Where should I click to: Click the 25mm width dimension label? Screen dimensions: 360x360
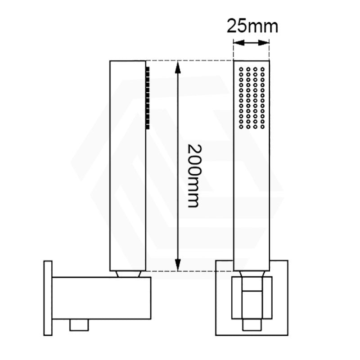[252, 26]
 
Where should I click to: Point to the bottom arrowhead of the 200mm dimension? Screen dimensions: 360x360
[178, 265]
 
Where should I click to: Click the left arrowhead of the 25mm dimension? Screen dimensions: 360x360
[237, 43]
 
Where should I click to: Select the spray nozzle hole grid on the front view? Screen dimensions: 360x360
[252, 97]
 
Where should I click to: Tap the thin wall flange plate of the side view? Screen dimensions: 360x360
[48, 297]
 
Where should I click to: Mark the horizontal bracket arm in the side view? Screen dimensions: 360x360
[101, 297]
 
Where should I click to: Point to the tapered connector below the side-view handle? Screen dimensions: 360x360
[128, 274]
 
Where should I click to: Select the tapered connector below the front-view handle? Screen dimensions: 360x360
[252, 274]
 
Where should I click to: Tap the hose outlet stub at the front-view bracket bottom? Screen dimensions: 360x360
[252, 325]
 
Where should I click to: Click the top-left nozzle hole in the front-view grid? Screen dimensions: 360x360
[241, 69]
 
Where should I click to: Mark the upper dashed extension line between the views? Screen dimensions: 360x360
[189, 60]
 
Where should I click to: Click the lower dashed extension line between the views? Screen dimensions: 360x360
[189, 271]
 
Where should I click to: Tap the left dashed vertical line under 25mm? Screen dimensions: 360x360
[234, 49]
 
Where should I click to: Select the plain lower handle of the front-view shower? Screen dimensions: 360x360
[252, 198]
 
